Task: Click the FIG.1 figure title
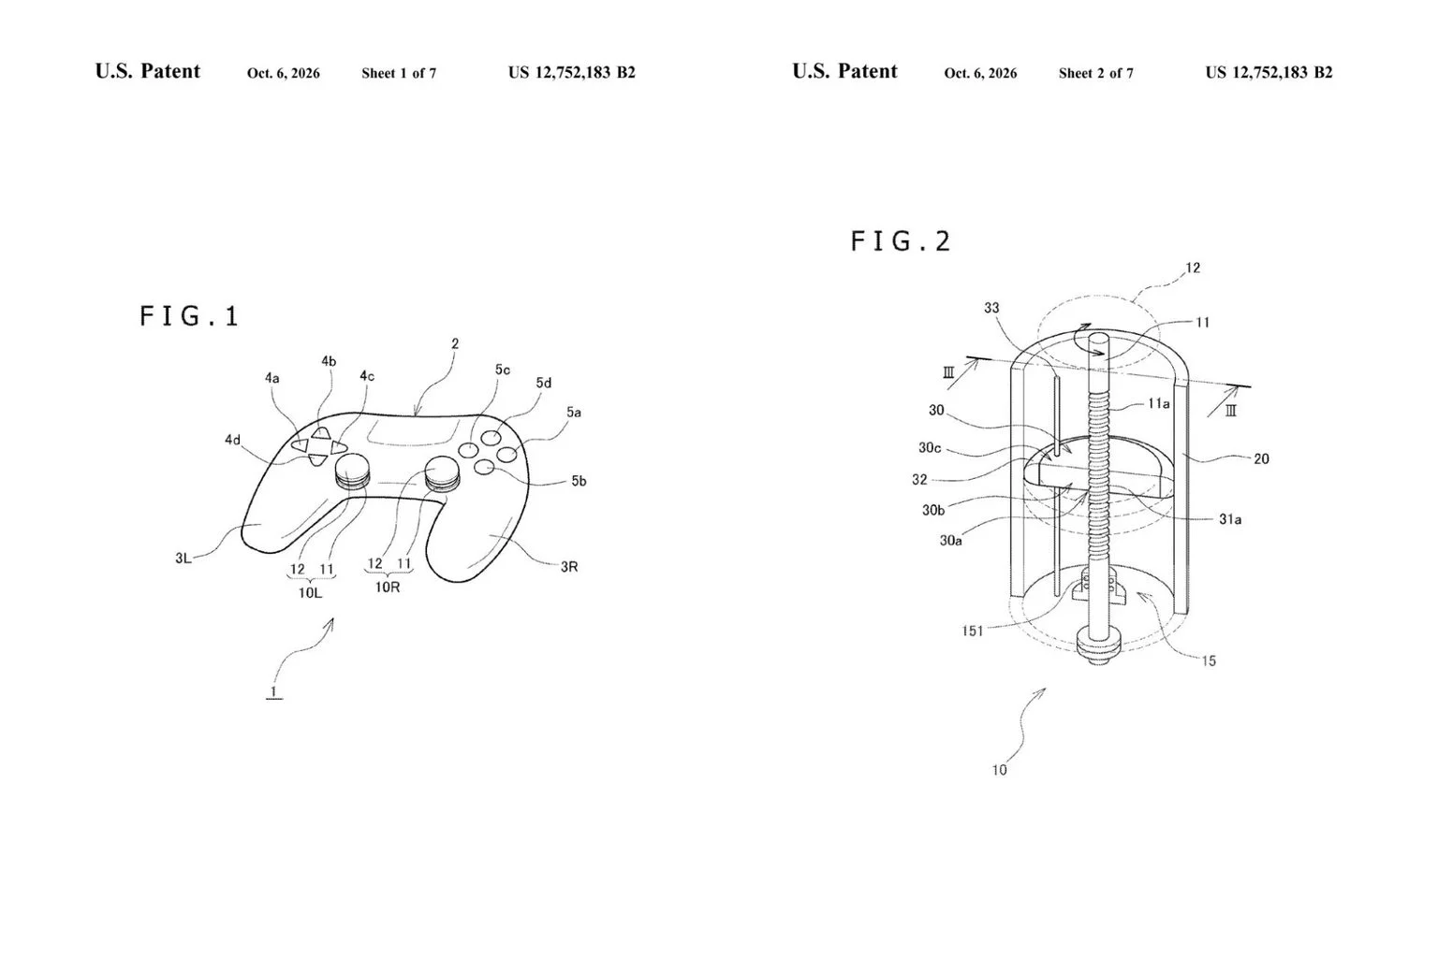(189, 316)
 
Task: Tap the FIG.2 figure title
(900, 242)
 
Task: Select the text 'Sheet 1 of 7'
(399, 73)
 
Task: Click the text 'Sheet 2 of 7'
(1096, 73)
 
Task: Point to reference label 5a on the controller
(573, 413)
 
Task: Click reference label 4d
(232, 440)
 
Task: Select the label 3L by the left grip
(183, 559)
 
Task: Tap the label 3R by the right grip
(569, 567)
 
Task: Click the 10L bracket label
(310, 593)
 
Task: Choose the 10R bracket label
(388, 588)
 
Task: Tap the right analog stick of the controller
(443, 472)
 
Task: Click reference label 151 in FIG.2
(973, 631)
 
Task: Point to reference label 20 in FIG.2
(1261, 458)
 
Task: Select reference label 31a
(1230, 519)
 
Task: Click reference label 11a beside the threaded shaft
(1159, 403)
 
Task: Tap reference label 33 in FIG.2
(991, 308)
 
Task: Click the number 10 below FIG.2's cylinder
(1000, 770)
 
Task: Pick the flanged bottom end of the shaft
(1098, 646)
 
